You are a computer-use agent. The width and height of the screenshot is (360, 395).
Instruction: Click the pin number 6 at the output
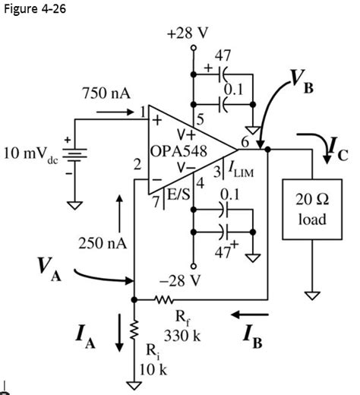245,141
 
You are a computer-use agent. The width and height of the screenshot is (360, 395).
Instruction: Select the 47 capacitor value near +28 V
224,55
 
